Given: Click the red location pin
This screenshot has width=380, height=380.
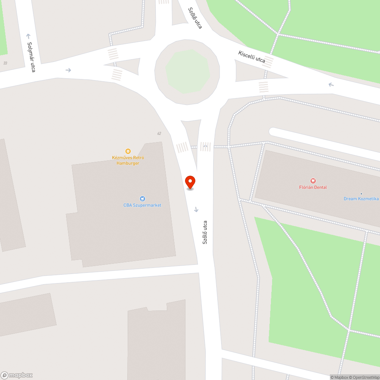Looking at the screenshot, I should pyautogui.click(x=190, y=182).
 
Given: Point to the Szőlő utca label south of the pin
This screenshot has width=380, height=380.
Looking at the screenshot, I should pyautogui.click(x=205, y=232).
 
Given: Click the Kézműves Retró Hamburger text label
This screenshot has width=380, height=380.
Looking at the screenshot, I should pyautogui.click(x=128, y=160).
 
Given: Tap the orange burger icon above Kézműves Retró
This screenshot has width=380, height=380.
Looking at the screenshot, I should pyautogui.click(x=128, y=151).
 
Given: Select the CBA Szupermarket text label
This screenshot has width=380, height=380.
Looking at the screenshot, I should pyautogui.click(x=142, y=205).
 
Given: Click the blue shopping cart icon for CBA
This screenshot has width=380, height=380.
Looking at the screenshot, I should pyautogui.click(x=142, y=198).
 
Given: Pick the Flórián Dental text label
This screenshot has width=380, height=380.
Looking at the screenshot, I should pyautogui.click(x=313, y=187).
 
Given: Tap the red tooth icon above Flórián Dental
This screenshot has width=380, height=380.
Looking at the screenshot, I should pyautogui.click(x=313, y=181).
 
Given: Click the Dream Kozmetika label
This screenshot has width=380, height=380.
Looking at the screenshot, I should pyautogui.click(x=361, y=199).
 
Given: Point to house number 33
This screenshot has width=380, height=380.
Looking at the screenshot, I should pyautogui.click(x=5, y=63).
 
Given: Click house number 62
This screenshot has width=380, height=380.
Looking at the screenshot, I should pyautogui.click(x=159, y=133).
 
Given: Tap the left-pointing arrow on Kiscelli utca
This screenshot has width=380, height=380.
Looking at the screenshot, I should pyautogui.click(x=331, y=84).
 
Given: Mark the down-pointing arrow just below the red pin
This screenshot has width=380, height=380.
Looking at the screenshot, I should pyautogui.click(x=196, y=209).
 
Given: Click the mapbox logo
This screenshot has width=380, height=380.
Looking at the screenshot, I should pyautogui.click(x=17, y=375).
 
